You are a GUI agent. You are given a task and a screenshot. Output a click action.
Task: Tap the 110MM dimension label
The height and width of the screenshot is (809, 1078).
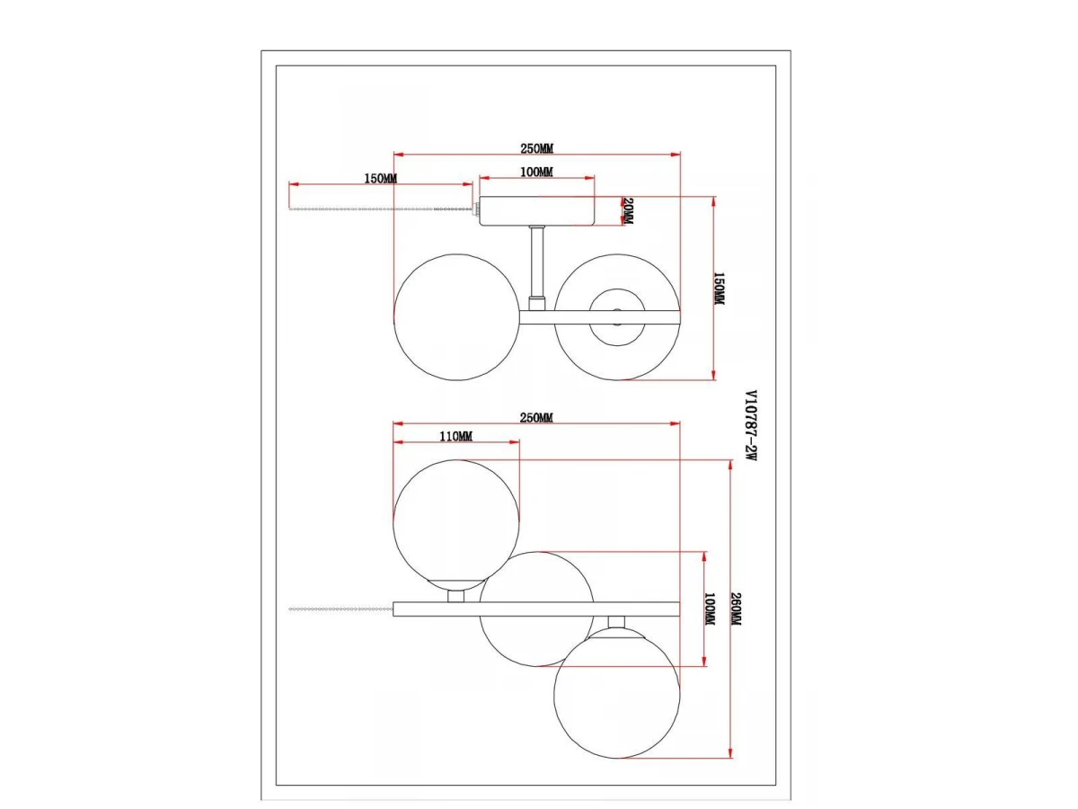point(455,436)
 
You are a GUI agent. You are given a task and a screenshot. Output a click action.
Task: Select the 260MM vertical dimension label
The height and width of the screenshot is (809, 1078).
point(736,609)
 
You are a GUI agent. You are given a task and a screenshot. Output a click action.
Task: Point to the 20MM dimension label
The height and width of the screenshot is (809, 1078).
point(628,210)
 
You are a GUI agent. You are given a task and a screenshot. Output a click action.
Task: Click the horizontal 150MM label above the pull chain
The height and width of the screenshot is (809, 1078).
point(381,179)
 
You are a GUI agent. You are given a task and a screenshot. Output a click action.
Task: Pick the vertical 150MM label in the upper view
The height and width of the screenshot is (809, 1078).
point(719,289)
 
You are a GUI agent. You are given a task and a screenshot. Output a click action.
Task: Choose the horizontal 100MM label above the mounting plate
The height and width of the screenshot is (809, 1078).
point(536,172)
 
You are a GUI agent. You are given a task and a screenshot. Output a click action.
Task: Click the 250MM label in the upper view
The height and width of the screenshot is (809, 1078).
point(537,147)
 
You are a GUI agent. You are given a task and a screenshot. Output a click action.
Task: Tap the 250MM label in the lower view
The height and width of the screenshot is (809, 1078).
point(536,417)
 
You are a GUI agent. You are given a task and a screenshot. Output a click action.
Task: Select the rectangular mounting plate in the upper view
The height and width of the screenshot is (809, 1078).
point(537,210)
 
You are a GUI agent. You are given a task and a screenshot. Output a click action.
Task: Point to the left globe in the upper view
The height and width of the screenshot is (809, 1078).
point(456,317)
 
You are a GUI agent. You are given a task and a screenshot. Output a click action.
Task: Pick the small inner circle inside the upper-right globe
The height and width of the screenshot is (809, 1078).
point(617,316)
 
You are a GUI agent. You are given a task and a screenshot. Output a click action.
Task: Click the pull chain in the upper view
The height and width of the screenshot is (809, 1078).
point(381,209)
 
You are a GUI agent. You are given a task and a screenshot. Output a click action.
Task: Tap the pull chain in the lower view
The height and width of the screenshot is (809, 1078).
point(340,609)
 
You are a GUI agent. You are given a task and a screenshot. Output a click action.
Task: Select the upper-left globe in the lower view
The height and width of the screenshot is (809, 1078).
point(456,524)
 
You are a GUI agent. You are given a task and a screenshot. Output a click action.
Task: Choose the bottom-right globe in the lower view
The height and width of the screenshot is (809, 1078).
point(617,694)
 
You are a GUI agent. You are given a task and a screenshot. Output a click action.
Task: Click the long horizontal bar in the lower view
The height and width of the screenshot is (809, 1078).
point(536,609)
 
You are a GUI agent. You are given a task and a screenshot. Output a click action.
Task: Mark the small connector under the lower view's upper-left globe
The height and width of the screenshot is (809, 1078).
point(455,596)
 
